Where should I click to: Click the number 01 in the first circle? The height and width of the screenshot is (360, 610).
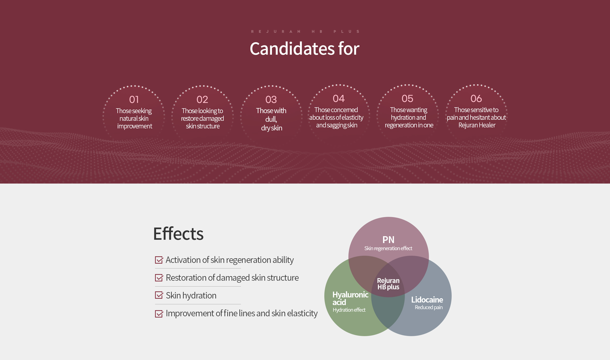[x=134, y=99]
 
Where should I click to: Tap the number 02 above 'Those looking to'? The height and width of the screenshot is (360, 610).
[x=202, y=99]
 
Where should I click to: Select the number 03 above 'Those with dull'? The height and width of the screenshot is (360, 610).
[x=271, y=99]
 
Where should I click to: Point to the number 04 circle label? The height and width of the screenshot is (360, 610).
[x=339, y=98]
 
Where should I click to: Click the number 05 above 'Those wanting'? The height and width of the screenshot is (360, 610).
[x=407, y=98]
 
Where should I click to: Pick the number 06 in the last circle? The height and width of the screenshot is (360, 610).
[x=476, y=98]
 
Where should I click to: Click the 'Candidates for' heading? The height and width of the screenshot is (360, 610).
[x=305, y=48]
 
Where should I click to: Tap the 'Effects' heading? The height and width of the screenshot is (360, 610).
[x=178, y=234]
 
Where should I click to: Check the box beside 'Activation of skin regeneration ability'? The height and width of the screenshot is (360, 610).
[x=159, y=260]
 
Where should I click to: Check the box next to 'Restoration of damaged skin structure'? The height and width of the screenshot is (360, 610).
[x=159, y=278]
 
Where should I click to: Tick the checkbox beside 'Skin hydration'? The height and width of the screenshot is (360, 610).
[x=159, y=295]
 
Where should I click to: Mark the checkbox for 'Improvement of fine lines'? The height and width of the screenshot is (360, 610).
[x=159, y=313]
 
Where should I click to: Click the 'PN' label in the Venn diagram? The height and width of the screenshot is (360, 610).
[x=388, y=240]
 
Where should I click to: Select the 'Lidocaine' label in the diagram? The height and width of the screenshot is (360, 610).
[x=427, y=300]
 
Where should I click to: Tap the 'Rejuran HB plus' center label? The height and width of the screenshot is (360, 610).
[x=388, y=284]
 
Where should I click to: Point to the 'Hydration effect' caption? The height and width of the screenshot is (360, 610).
[x=349, y=310]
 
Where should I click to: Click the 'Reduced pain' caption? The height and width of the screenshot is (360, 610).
[x=429, y=307]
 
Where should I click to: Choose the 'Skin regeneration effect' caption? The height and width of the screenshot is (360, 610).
[x=388, y=248]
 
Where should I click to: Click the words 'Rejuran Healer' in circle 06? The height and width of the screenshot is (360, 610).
[x=477, y=125]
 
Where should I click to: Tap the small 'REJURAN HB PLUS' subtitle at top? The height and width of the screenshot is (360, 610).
[x=305, y=32]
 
